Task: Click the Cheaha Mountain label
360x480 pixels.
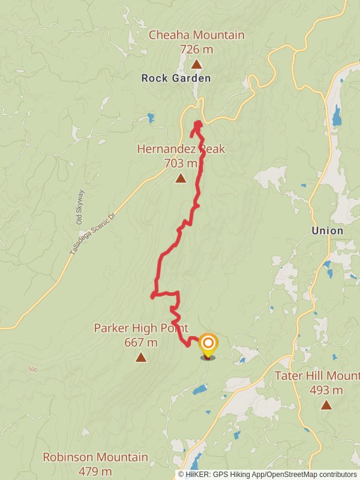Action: [x=196, y=35]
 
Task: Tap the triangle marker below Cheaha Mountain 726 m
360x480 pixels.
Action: [x=196, y=64]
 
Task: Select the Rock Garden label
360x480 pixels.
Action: [x=176, y=78]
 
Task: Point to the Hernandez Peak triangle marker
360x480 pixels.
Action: [x=181, y=178]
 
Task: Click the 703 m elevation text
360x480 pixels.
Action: [x=180, y=163]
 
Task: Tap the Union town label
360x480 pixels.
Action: [x=328, y=230]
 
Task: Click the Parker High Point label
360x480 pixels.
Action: [x=141, y=328]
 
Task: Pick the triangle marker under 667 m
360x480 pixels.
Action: [x=140, y=358]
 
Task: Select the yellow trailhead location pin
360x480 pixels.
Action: [x=208, y=345]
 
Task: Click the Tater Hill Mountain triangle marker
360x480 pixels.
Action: [x=326, y=404]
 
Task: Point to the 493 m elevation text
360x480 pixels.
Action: [x=326, y=390]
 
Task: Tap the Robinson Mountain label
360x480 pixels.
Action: [x=95, y=457]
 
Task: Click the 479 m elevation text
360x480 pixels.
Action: [x=95, y=472]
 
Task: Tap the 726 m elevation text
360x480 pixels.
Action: [x=196, y=49]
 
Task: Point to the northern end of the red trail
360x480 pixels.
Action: [x=197, y=124]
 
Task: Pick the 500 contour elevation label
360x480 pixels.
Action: [x=32, y=369]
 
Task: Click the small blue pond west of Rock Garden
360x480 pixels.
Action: [x=150, y=118]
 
